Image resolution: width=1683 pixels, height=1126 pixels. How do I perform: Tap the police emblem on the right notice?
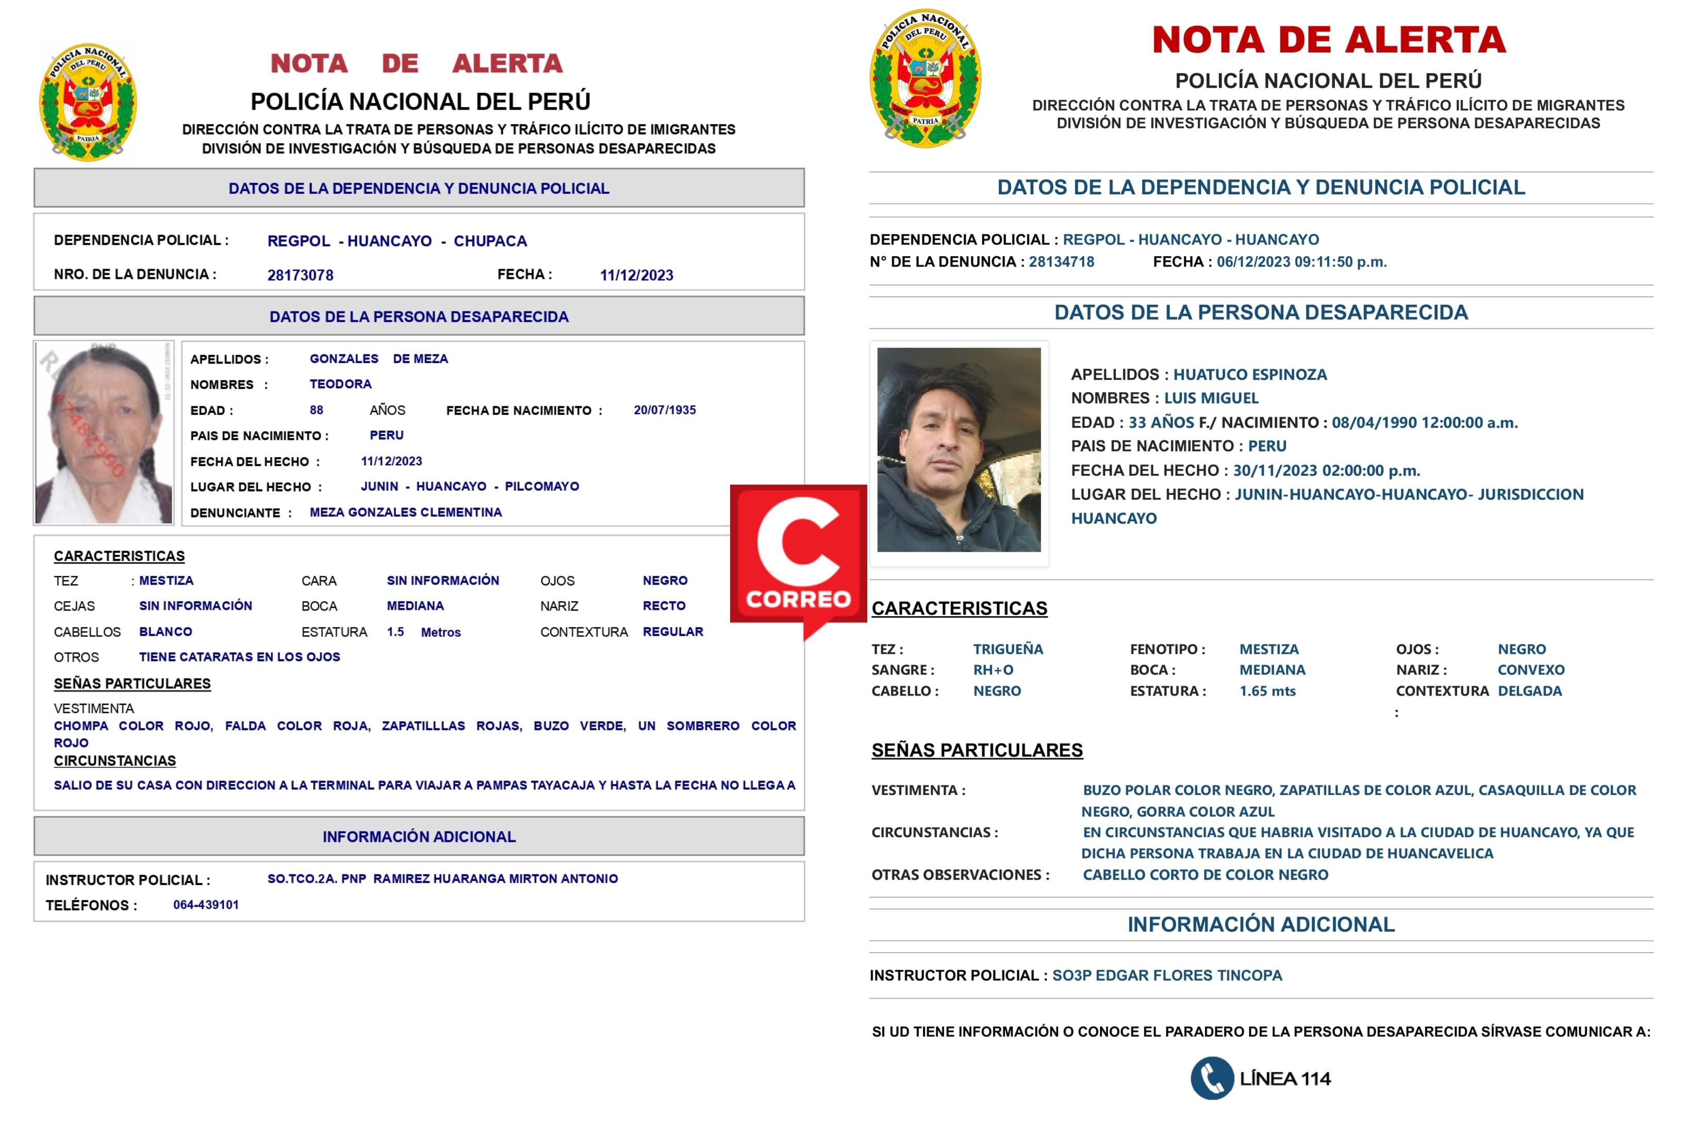926,79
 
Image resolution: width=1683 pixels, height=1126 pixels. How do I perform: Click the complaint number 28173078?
300,275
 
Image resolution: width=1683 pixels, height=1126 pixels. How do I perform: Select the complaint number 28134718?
1061,262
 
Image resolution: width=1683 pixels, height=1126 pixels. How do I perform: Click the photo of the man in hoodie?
959,450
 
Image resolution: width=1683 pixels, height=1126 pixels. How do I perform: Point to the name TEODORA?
340,384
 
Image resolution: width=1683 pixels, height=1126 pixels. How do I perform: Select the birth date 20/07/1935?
664,410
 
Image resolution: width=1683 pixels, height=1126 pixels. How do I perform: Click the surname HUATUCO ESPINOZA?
1249,375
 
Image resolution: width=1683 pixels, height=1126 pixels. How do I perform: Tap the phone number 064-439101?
206,905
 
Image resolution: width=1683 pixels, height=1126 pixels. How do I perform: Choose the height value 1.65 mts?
1267,691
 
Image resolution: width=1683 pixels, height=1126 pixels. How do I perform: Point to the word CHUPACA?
490,241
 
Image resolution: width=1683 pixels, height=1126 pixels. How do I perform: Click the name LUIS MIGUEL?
1211,399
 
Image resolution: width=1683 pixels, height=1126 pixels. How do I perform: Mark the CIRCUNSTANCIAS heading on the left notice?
115,761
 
